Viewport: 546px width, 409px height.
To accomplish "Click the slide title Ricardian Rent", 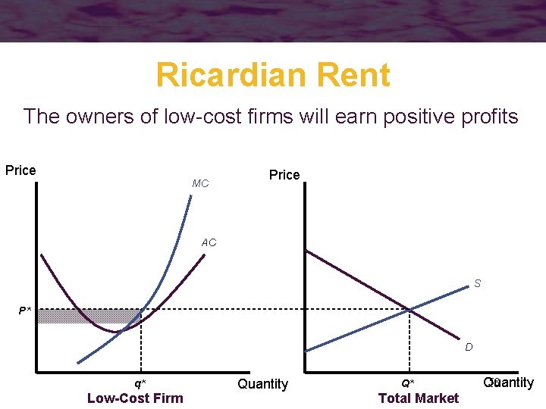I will pyautogui.click(x=273, y=76).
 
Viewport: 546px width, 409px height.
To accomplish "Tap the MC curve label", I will pyautogui.click(x=200, y=184).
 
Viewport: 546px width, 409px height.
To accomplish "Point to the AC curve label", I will pyautogui.click(x=209, y=243).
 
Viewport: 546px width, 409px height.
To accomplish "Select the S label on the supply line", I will pyautogui.click(x=477, y=284).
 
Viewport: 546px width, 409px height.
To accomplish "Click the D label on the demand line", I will pyautogui.click(x=469, y=347).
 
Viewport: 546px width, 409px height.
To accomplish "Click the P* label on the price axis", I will pyautogui.click(x=26, y=311).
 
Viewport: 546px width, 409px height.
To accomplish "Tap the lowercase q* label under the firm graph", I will pyautogui.click(x=140, y=383).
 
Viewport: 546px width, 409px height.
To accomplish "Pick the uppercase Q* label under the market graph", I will pyautogui.click(x=408, y=383).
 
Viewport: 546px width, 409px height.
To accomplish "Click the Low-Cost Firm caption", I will pyautogui.click(x=135, y=398).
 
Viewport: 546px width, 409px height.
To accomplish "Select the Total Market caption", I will pyautogui.click(x=418, y=398).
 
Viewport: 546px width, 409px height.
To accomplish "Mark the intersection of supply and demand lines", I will pyautogui.click(x=409, y=310).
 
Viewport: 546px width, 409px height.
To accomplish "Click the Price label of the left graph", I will pyautogui.click(x=20, y=170).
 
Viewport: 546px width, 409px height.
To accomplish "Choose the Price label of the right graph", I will pyautogui.click(x=284, y=175).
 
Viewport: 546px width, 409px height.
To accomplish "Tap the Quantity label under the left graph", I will pyautogui.click(x=262, y=384).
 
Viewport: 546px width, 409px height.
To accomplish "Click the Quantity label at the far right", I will pyautogui.click(x=509, y=382).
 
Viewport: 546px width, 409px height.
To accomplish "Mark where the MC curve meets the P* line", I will pyautogui.click(x=143, y=310).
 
